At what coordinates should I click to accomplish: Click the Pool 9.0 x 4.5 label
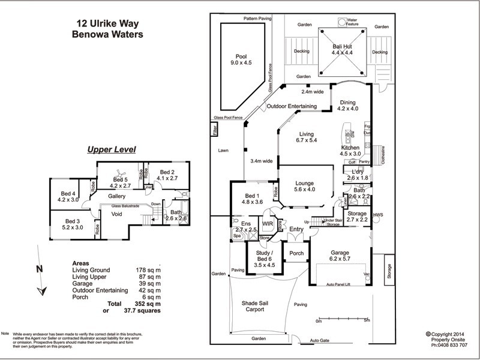(241, 59)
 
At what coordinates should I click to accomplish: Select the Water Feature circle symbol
(342, 22)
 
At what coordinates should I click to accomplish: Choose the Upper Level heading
(112, 149)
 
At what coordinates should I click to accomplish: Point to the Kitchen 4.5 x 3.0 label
(350, 150)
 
